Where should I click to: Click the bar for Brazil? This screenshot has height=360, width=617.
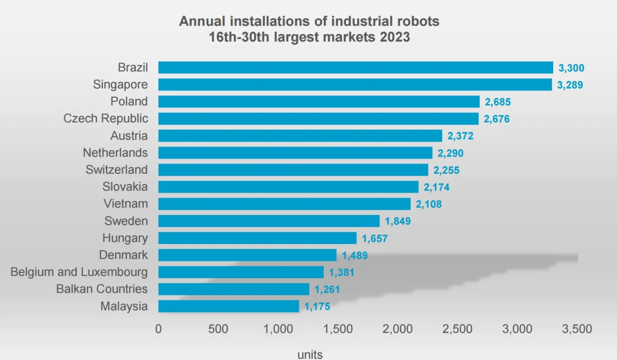pos(355,67)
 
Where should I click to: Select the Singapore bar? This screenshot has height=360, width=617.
pos(355,85)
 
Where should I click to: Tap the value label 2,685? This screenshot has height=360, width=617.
pos(498,102)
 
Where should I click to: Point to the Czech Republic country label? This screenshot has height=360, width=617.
pos(106,119)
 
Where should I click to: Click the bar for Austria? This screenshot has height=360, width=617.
pos(300,136)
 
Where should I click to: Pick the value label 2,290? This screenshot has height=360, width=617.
pos(450,153)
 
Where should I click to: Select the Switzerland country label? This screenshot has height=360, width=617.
pos(117,170)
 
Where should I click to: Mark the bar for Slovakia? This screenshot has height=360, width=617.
pos(288,187)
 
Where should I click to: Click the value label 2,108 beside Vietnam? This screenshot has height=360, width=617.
pos(428,204)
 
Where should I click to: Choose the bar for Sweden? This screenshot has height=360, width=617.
pos(269,221)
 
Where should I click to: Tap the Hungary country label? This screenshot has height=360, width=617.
pos(125,238)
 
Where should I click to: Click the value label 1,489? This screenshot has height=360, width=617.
pos(355,256)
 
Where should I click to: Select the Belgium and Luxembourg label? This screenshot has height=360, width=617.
pos(79,272)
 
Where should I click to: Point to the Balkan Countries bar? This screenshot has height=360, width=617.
pos(234,289)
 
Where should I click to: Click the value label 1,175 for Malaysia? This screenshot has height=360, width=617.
pos(317,307)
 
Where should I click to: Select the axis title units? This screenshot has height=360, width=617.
pos(310,354)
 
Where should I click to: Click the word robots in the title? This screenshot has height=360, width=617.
pos(416,22)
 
